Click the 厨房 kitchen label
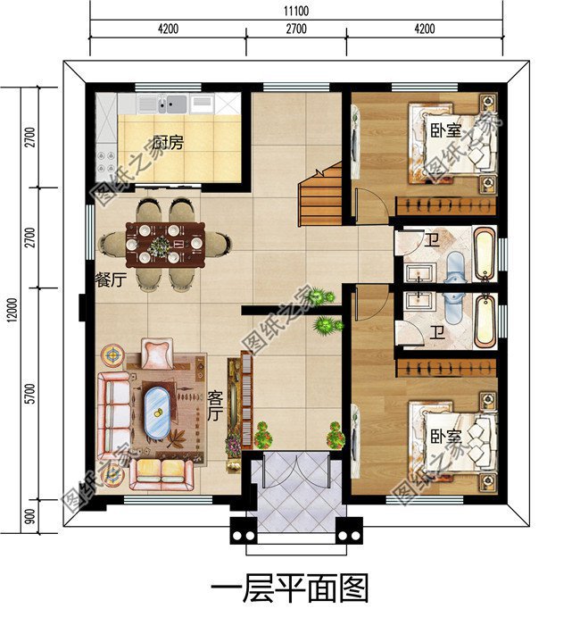(x=167, y=142)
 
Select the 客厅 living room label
(x=214, y=404)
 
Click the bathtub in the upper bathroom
(x=483, y=254)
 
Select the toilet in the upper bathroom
(x=453, y=264)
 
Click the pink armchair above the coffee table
(x=157, y=353)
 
